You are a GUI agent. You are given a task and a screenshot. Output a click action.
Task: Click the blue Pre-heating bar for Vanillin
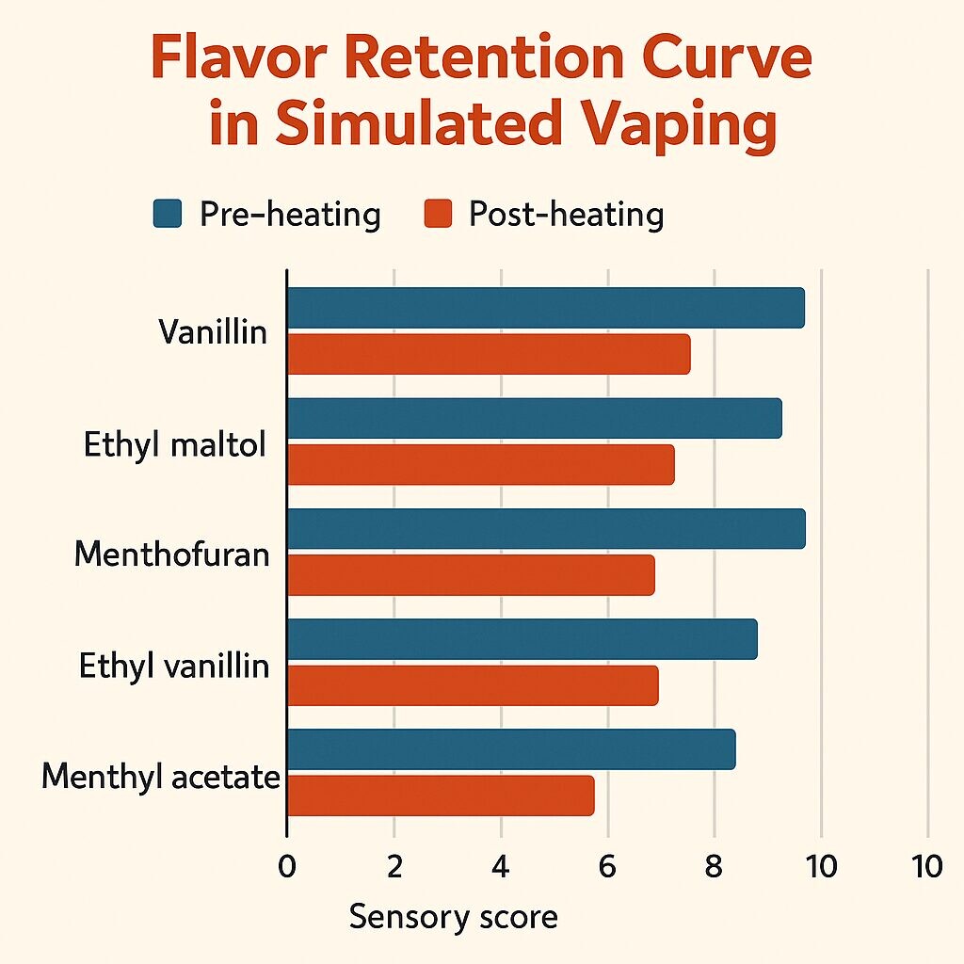546,308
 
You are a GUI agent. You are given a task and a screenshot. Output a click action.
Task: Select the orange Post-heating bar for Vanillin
489,354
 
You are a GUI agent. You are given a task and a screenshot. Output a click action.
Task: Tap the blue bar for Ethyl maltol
534,418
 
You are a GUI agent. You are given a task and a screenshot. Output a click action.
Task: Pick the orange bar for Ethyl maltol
480,464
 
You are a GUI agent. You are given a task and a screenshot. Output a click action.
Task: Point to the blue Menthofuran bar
546,528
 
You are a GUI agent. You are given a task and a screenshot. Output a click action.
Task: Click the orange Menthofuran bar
471,574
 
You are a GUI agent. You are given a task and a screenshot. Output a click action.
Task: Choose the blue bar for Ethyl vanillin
522,639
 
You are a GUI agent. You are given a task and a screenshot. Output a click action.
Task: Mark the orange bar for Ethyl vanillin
473,685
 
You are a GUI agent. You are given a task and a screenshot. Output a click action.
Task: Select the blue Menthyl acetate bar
511,749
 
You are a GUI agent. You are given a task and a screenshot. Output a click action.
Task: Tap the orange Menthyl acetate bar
441,795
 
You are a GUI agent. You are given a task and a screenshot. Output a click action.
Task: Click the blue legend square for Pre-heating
167,215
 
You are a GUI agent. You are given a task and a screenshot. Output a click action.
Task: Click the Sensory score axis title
454,917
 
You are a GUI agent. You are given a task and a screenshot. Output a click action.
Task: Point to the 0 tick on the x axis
287,866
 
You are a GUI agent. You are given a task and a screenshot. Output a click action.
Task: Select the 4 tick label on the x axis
501,866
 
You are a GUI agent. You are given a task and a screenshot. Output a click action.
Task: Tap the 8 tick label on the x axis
715,866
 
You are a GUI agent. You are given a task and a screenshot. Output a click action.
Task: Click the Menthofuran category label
172,554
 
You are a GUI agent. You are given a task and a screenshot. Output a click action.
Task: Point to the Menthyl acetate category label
162,778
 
